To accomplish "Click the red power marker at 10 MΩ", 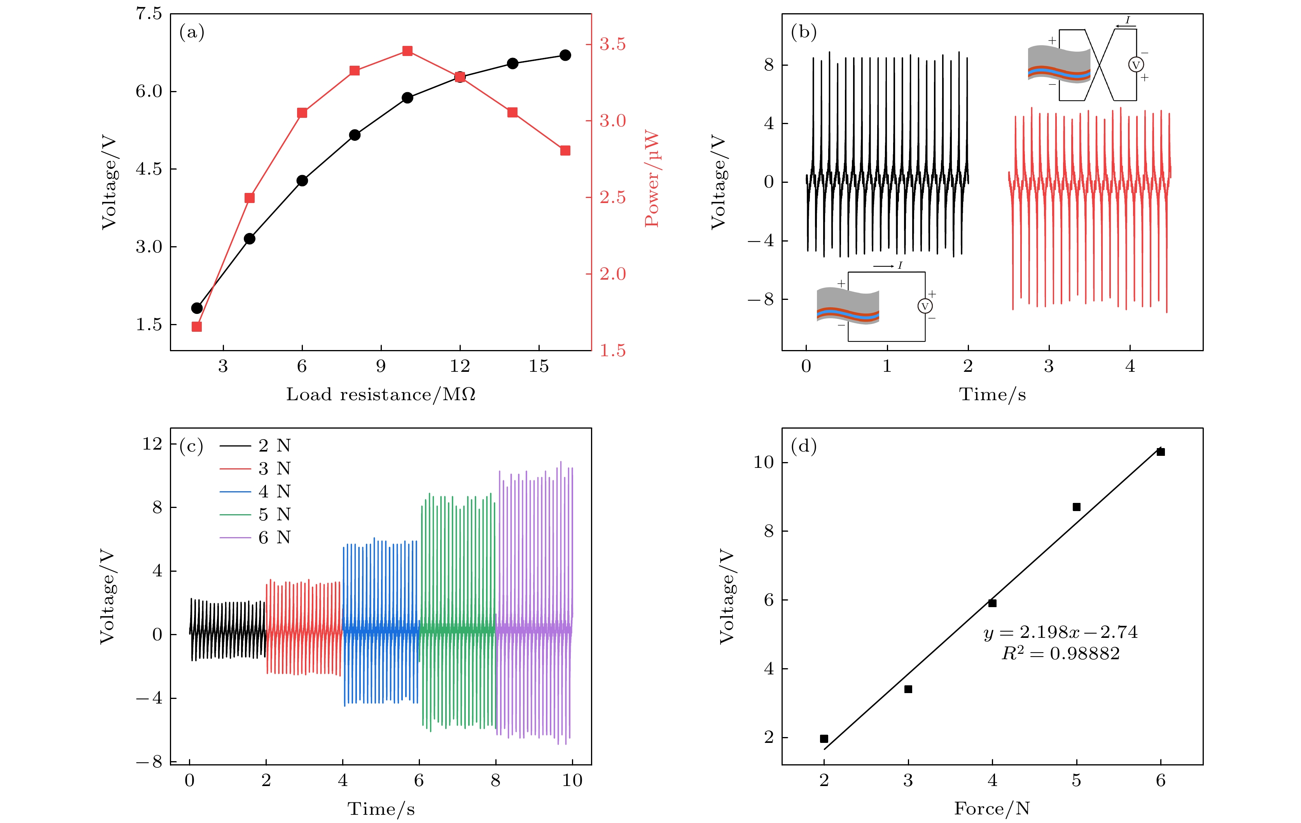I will pyautogui.click(x=407, y=51).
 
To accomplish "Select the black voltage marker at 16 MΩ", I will pyautogui.click(x=565, y=55).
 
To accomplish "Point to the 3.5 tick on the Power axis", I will pyautogui.click(x=612, y=44).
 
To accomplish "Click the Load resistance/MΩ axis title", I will pyautogui.click(x=381, y=394).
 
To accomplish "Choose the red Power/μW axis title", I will pyautogui.click(x=652, y=178).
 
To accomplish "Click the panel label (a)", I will pyautogui.click(x=192, y=32).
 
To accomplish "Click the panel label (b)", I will pyautogui.click(x=803, y=32).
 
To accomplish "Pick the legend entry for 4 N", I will pyautogui.click(x=275, y=491).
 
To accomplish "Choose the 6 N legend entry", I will pyautogui.click(x=275, y=537).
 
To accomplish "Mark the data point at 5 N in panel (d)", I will pyautogui.click(x=1076, y=507).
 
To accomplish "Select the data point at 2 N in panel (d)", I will pyautogui.click(x=824, y=739).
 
